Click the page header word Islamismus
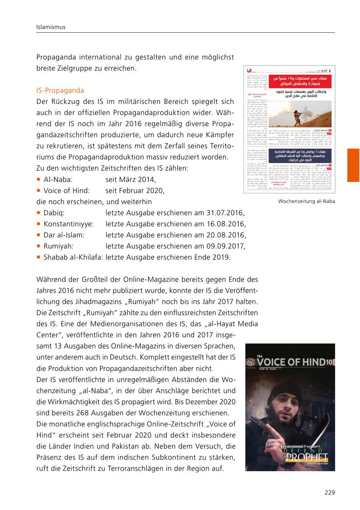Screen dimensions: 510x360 (51, 27)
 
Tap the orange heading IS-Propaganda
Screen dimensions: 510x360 (60, 91)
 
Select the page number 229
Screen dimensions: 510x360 (330, 492)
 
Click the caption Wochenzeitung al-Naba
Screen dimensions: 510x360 (306, 201)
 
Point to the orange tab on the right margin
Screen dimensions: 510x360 (353, 165)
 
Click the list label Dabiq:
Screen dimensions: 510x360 (54, 213)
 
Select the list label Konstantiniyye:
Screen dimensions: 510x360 (68, 224)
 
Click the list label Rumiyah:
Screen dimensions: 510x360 (58, 246)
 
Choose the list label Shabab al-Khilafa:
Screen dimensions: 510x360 (73, 257)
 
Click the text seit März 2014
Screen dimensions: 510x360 (130, 179)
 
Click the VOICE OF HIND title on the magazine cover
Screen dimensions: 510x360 (290, 362)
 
